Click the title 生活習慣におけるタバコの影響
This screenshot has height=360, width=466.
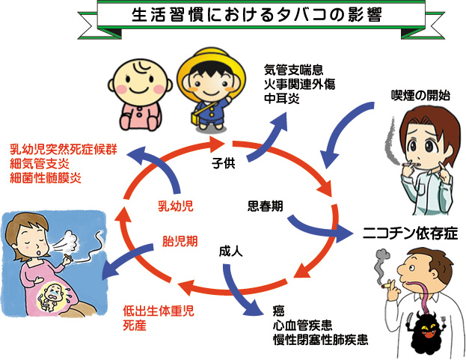coord(257,15)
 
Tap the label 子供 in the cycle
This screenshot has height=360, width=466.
coord(224,163)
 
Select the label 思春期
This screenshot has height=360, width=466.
coord(265,206)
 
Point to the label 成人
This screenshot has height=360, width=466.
coord(231,251)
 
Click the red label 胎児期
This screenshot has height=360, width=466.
coord(180,241)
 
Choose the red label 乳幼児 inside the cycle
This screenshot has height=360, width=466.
coord(176,206)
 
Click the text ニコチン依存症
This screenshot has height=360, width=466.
coord(410,233)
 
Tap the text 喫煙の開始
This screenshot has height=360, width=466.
coord(420,95)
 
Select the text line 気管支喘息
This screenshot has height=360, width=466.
coord(294,70)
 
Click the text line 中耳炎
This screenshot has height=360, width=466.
coord(282,99)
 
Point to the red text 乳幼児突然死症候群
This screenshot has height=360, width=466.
coord(64,149)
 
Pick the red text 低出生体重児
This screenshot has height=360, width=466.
coord(159,311)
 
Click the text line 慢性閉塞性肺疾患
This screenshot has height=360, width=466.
coord(321,340)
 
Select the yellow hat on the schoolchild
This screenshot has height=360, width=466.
coord(211,70)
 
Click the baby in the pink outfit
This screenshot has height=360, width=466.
coord(140,94)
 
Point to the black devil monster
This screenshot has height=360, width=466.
coord(427,332)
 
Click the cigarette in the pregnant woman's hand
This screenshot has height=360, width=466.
coord(67,257)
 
